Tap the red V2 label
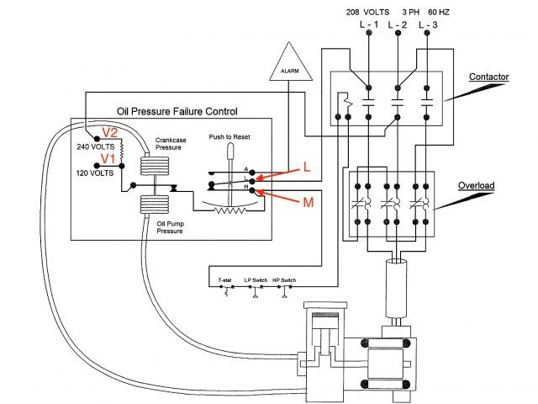[111, 133]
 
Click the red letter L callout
[306, 168]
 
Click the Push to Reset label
[229, 136]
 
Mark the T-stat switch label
[224, 279]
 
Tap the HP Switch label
[284, 279]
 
